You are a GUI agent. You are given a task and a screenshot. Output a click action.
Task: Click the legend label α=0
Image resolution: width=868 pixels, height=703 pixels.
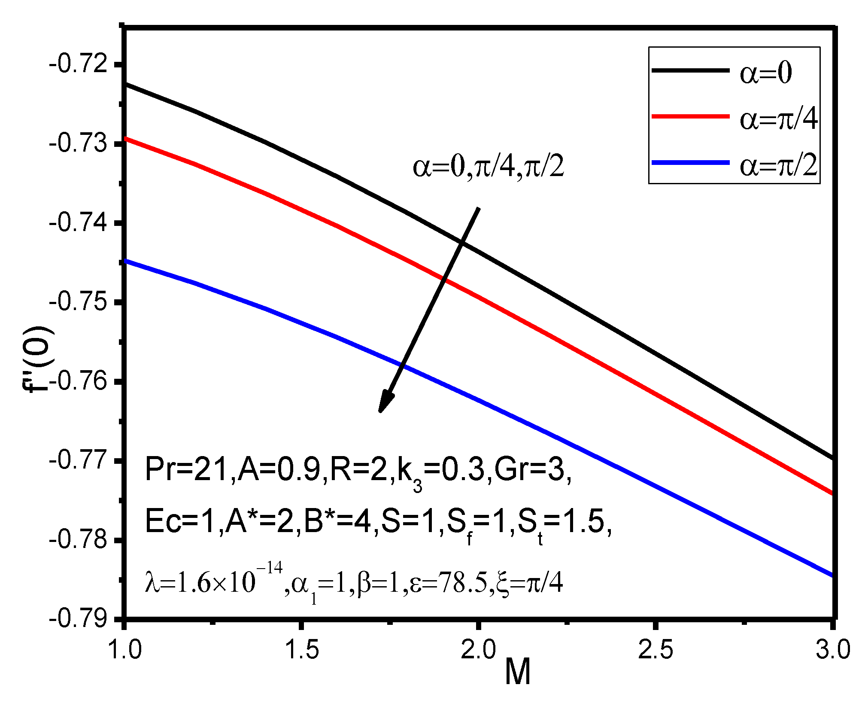click(765, 73)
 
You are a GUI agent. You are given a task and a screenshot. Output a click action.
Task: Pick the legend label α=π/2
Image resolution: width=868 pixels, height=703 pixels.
click(778, 166)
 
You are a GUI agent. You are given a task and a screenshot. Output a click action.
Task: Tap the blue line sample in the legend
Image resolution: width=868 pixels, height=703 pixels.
click(690, 163)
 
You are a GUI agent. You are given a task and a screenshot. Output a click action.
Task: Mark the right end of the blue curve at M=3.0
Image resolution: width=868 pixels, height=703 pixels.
click(831, 575)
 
